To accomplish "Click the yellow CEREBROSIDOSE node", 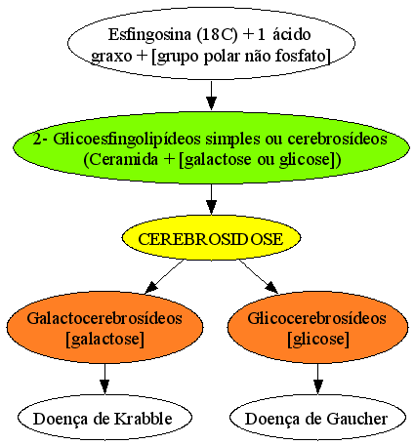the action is [x=211, y=238].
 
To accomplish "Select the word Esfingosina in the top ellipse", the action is [x=149, y=34].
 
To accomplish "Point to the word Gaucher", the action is [x=357, y=419].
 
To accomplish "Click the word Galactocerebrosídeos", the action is [x=104, y=318].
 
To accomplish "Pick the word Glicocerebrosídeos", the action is [x=317, y=318].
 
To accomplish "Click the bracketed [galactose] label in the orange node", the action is [x=104, y=340].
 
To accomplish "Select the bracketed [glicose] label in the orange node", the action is [x=318, y=340].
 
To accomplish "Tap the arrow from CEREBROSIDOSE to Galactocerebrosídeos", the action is [x=165, y=276].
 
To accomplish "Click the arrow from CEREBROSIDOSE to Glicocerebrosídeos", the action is [x=259, y=276].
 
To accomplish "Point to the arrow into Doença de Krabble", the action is [x=104, y=379].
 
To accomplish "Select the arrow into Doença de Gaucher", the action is [x=318, y=379].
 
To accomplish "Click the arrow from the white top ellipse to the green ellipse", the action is [x=211, y=96].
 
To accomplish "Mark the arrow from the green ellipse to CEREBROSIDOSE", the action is [x=211, y=199].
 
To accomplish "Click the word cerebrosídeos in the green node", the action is [x=337, y=139].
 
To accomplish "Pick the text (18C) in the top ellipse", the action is [x=218, y=35].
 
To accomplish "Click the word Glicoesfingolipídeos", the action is [x=127, y=140].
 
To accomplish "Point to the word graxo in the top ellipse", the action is [x=111, y=57].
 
